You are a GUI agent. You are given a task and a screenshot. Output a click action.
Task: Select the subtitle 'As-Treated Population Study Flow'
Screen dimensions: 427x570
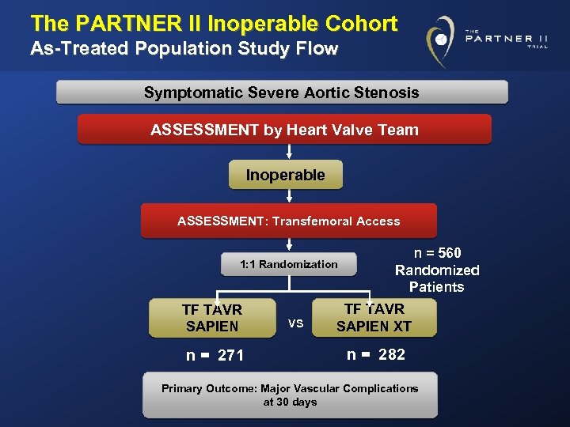click(184, 49)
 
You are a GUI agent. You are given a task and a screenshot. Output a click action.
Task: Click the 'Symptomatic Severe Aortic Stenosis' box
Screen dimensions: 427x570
click(282, 93)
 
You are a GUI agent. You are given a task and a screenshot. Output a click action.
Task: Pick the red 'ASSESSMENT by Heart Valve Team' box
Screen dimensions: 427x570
click(284, 130)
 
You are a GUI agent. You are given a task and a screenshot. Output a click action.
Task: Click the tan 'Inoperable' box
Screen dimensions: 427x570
click(285, 175)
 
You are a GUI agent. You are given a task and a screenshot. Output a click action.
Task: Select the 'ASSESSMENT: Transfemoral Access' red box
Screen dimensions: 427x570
click(288, 221)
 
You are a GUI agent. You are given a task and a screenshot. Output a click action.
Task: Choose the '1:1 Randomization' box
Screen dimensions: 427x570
click(288, 264)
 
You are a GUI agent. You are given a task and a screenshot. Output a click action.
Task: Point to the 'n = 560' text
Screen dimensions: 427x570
click(437, 253)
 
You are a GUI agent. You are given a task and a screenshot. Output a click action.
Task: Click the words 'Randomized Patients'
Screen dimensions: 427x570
click(437, 278)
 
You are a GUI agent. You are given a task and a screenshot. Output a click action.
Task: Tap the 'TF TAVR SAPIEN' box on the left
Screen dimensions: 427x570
click(212, 318)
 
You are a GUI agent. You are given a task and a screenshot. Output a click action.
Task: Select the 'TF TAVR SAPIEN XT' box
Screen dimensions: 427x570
click(374, 318)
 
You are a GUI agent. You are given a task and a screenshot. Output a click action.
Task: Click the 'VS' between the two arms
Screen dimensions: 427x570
click(295, 323)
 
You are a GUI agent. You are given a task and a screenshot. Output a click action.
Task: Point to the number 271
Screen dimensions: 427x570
click(230, 356)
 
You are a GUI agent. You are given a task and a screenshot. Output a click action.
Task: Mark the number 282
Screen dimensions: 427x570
click(391, 354)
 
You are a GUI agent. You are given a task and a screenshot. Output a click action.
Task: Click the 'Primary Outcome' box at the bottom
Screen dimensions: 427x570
click(290, 395)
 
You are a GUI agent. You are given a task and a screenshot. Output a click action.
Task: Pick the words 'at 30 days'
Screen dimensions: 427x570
click(290, 402)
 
